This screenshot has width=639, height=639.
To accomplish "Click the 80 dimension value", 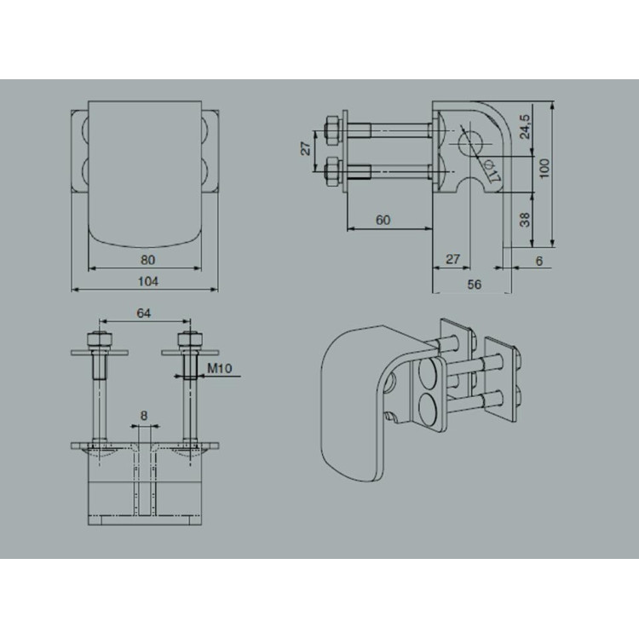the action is (147, 260).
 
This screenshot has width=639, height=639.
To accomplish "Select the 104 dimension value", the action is (148, 281).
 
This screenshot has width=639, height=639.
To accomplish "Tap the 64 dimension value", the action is (143, 313).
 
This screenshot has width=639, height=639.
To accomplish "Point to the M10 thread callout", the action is (219, 368).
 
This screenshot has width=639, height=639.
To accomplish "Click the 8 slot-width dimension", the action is (144, 416).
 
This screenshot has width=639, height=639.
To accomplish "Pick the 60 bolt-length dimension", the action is (383, 220).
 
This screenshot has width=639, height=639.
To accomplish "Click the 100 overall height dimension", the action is (544, 169).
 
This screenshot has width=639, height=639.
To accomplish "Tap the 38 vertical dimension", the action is (526, 220).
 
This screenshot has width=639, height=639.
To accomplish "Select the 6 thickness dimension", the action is (539, 261).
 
